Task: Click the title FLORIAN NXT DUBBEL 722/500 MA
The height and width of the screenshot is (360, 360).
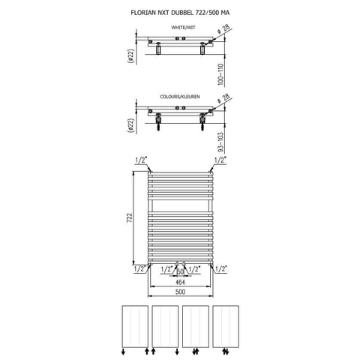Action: tap(180, 13)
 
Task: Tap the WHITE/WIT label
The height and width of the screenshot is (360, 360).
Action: tap(183, 28)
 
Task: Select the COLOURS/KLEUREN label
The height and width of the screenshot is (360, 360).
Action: tap(180, 97)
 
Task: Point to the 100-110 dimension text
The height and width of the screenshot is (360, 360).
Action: tap(220, 74)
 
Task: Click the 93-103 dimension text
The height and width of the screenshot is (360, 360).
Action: tap(220, 142)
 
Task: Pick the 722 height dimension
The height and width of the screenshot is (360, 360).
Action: tap(129, 218)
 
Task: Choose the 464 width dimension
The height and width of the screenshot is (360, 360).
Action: tap(180, 282)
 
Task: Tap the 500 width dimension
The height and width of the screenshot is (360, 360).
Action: tap(180, 292)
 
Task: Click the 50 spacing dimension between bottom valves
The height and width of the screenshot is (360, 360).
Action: tap(180, 271)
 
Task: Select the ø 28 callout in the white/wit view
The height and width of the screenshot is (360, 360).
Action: tap(223, 29)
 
